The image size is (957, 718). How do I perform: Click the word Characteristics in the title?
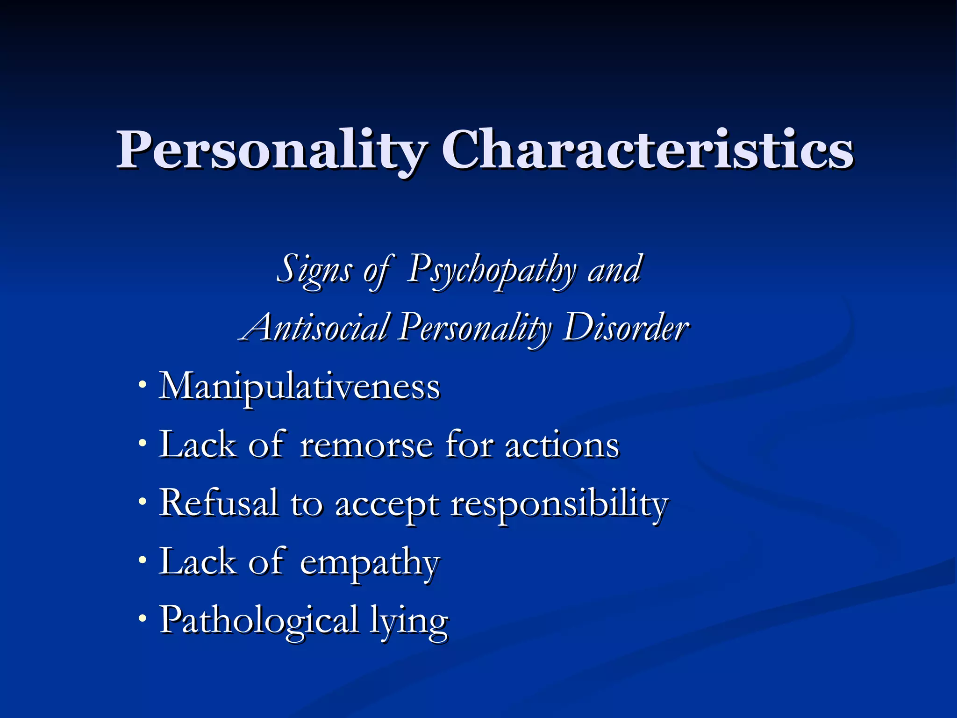[x=648, y=150]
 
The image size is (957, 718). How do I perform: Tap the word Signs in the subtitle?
[x=314, y=270]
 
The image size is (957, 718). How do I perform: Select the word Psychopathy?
[x=491, y=270]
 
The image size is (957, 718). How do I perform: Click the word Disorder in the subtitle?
[x=626, y=327]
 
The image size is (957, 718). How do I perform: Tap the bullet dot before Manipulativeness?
[x=143, y=385]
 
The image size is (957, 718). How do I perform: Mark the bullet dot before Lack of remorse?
[x=143, y=443]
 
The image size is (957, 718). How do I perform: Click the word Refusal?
[x=218, y=503]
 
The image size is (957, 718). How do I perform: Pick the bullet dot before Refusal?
[x=143, y=502]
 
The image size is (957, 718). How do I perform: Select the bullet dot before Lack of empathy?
[x=143, y=560]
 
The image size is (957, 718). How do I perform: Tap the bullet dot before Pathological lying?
[x=143, y=618]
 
